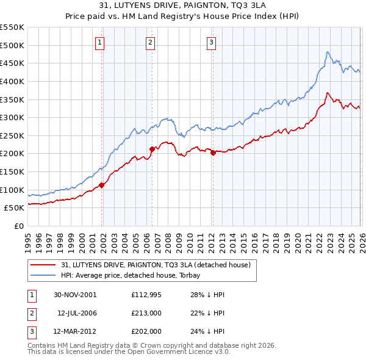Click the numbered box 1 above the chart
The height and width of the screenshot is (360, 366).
tap(99, 42)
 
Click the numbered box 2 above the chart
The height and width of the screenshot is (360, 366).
tap(150, 42)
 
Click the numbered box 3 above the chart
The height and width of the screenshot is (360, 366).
tap(211, 42)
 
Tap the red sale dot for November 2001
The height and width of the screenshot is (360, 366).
tap(102, 185)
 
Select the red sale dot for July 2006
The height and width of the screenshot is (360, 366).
tap(152, 149)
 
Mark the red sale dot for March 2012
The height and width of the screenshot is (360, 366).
tap(213, 153)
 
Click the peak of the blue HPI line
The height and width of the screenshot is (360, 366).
tap(328, 52)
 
